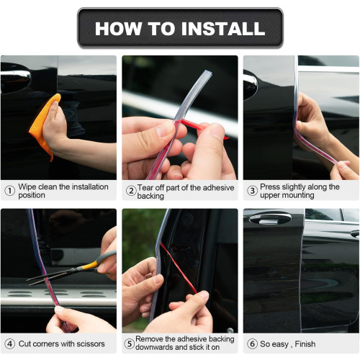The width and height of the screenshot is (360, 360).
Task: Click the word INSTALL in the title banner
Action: coord(223,29)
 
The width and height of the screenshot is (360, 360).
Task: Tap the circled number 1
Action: coord(10,191)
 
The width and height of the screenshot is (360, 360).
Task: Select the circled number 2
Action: coord(131,191)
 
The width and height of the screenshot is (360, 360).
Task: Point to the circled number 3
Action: coord(253,191)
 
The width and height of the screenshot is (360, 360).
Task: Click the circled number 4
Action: coord(10,343)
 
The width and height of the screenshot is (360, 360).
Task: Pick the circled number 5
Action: coord(130,343)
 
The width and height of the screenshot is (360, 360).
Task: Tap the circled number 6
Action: coord(253,343)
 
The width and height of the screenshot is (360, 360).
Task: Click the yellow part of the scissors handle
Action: coord(89,266)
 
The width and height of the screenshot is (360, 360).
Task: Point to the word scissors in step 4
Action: coord(90,343)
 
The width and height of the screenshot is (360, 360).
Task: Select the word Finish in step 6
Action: coord(305,343)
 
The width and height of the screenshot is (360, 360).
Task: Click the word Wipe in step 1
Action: coord(27,186)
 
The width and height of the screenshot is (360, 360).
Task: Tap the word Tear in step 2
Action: coord(145,187)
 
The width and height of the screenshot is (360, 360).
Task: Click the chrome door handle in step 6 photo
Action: coord(270,218)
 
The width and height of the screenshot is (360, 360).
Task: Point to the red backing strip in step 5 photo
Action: coord(179,268)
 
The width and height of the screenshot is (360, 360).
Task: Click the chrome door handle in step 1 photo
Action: coord(16,74)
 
